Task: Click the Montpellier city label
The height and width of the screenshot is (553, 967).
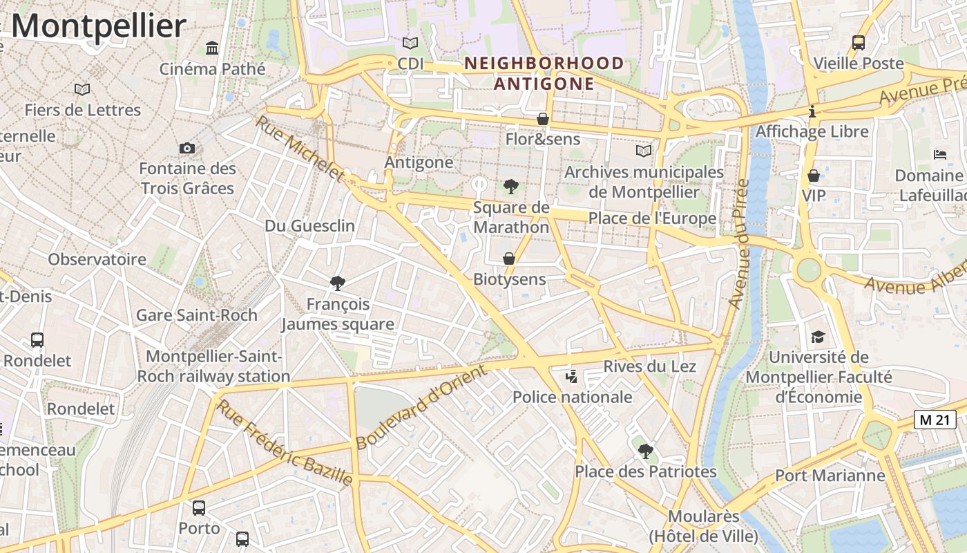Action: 98,26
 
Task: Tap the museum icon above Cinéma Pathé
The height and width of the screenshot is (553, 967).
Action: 212,48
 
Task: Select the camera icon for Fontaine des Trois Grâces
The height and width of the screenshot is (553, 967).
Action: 186,148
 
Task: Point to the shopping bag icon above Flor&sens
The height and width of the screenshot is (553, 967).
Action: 543,119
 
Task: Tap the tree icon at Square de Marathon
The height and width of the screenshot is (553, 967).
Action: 511,186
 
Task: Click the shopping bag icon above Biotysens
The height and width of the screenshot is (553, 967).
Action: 509,259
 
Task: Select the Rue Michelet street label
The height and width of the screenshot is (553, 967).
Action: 300,149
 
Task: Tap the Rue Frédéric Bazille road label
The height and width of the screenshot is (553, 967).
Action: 285,442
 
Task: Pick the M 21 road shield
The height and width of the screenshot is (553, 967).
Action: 935,419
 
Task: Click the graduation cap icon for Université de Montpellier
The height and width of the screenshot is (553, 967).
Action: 818,337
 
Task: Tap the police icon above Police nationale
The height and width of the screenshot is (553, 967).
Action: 571,377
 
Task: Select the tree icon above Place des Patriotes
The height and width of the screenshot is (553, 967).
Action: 645,451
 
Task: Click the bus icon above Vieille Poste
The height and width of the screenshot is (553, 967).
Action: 859,43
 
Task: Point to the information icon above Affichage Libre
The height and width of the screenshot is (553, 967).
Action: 812,111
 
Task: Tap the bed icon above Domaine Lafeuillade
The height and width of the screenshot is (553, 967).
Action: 939,155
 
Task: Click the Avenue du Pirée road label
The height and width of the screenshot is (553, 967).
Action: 739,243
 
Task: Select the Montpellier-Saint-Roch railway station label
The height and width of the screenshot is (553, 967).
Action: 213,366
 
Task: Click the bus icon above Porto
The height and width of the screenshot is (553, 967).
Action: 199,508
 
